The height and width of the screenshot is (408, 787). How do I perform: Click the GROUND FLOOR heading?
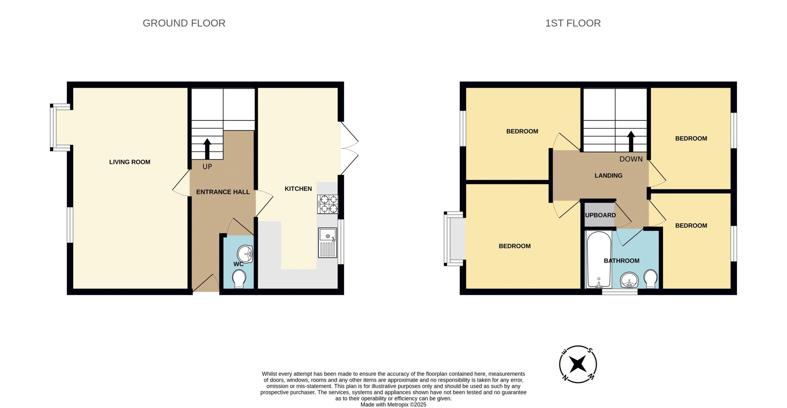coord(184,23)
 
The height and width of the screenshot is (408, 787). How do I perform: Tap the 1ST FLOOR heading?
coord(573,23)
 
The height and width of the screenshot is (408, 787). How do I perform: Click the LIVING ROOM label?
coord(130,162)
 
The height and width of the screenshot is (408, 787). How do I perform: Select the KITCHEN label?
coord(298,189)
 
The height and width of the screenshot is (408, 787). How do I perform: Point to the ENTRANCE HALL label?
coord(223,192)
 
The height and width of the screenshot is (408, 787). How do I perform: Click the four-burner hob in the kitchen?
coord(328,204)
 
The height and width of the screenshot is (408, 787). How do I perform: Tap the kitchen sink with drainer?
coord(328,243)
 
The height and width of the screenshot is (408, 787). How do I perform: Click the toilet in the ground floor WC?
coord(239,279)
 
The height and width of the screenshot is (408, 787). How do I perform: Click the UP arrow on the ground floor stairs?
coord(207,149)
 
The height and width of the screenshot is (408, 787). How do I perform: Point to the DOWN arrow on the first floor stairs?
coord(631,141)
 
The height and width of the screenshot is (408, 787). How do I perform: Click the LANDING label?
coord(608,175)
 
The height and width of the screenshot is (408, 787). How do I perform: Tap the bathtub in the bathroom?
coord(599,260)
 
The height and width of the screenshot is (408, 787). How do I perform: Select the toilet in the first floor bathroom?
coord(651,279)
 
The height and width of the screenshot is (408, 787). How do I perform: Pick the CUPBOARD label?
coord(600,215)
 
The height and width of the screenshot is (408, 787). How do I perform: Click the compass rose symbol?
coord(578,364)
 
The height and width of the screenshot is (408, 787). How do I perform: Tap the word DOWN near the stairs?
coord(631,159)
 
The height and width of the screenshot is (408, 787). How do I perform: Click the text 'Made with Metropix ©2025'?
coord(393,405)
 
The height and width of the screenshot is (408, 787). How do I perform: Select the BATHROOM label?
coord(622,261)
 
